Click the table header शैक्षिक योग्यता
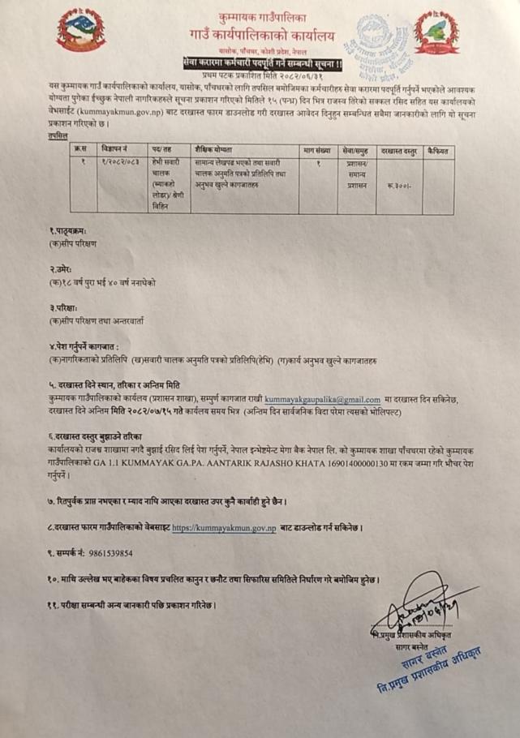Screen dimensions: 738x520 click(213, 150)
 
